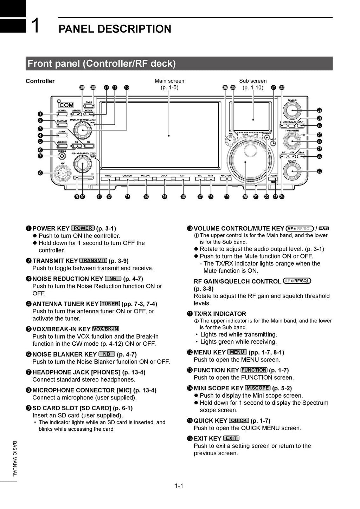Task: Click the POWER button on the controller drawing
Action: (62, 114)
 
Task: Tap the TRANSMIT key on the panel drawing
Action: (62, 124)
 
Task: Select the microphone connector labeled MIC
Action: (62, 173)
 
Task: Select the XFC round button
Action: (230, 141)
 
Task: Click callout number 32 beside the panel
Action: (320, 110)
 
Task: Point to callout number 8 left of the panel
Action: (40, 173)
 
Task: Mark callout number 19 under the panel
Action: (227, 197)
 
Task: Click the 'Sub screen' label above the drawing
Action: (253, 81)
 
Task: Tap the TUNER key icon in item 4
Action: (110, 304)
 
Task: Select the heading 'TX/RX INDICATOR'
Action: (220, 314)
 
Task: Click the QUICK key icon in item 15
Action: (239, 420)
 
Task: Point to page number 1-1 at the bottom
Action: (179, 486)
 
